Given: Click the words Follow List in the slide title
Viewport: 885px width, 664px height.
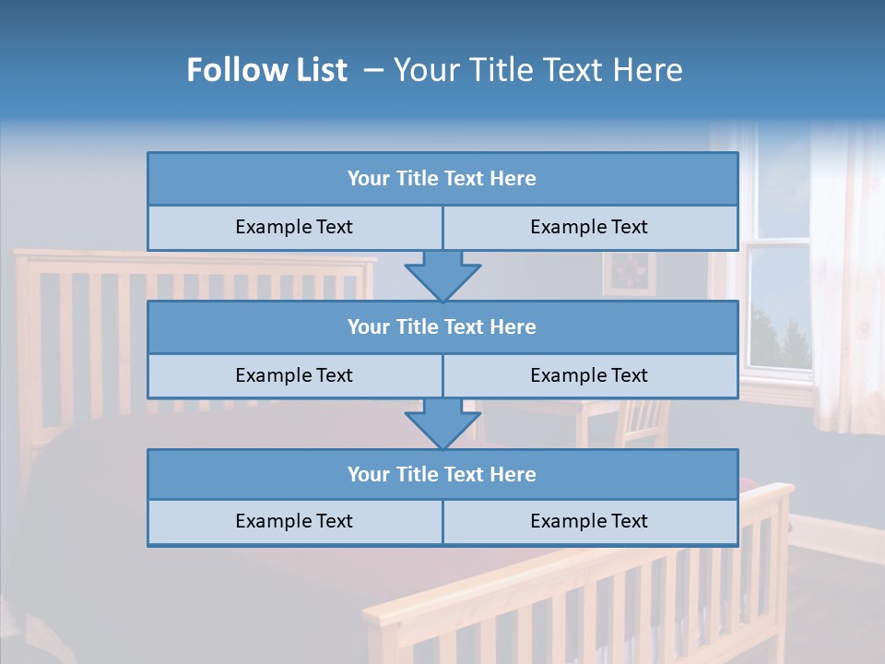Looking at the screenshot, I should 266,70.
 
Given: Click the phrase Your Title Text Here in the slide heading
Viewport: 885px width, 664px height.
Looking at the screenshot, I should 538,70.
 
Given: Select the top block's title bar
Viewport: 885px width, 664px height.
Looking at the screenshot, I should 442,179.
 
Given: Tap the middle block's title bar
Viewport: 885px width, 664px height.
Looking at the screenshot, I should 442,326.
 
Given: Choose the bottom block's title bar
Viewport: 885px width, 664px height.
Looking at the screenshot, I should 442,474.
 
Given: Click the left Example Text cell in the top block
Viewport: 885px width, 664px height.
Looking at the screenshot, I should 294,227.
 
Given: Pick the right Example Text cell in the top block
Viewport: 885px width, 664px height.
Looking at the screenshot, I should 589,227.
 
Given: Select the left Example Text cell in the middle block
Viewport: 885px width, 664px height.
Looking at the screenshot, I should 294,375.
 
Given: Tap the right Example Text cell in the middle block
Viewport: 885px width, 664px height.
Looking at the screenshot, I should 589,375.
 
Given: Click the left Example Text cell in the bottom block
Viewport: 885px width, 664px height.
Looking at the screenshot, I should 294,521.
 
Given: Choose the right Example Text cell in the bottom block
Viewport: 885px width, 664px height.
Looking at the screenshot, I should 589,521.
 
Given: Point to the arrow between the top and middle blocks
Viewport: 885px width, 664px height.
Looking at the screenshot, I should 442,276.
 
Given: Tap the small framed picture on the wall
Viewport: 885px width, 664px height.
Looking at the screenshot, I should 630,274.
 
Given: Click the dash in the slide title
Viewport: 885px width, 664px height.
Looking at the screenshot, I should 373,70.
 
